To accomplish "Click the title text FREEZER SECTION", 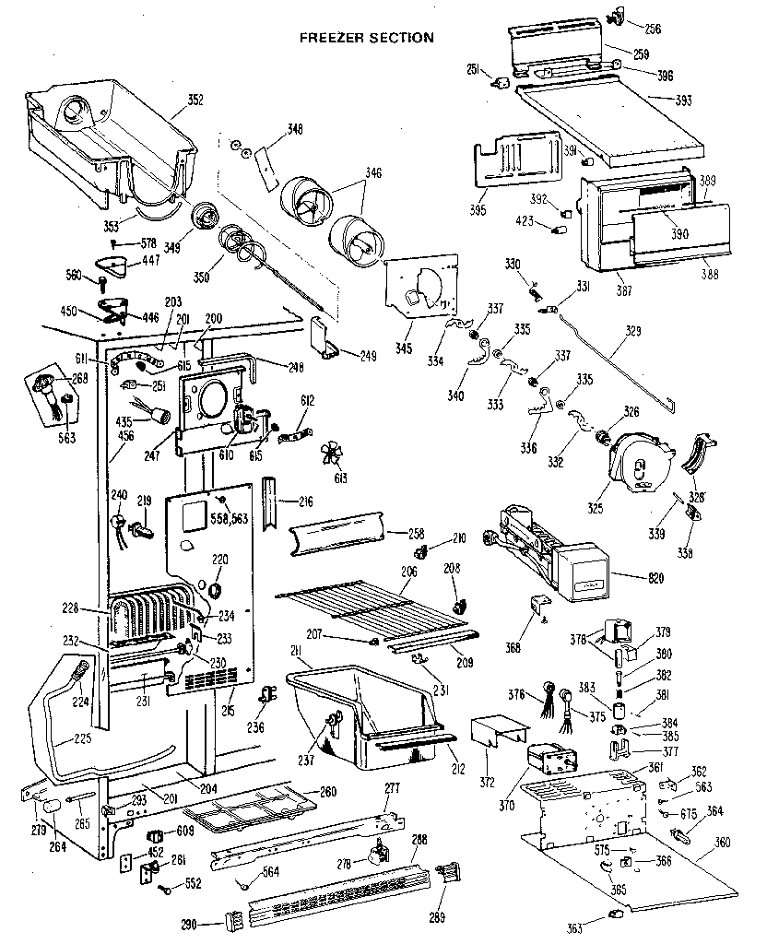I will pyautogui.click(x=367, y=38).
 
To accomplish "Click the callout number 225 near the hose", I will pyautogui.click(x=59, y=738).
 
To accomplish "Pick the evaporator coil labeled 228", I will pyautogui.click(x=152, y=615).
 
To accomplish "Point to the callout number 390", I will pyautogui.click(x=679, y=234).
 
